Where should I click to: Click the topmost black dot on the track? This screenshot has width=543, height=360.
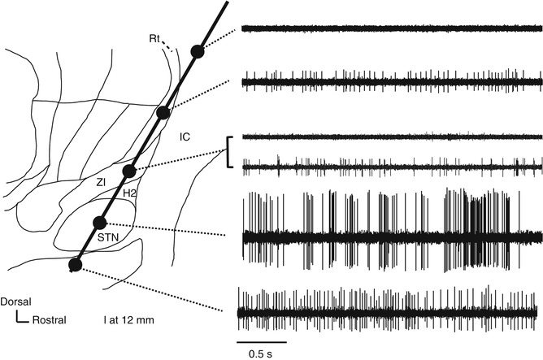[x=197, y=51]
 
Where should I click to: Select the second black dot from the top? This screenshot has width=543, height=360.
[x=163, y=112]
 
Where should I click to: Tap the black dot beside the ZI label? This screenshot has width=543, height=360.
[x=128, y=171]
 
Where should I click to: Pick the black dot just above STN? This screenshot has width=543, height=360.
[x=100, y=222]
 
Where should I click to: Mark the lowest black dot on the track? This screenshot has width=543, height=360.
[x=76, y=263]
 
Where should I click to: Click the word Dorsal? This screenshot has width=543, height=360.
[x=16, y=301]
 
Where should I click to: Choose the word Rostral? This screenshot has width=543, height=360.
[x=48, y=319]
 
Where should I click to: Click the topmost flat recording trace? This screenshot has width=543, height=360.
[x=390, y=28]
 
